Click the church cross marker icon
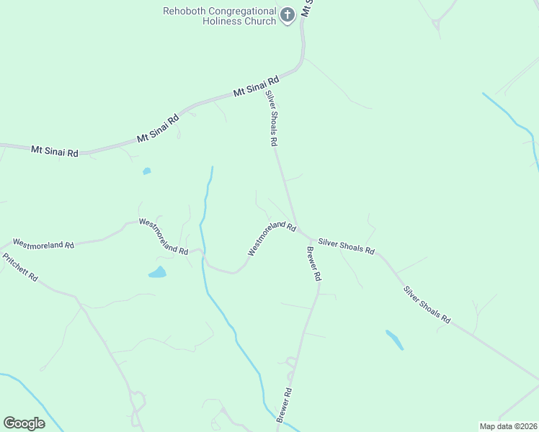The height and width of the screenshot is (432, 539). (287, 15)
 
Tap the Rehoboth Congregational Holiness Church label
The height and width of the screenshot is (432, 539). (220, 16)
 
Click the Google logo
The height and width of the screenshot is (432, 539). (24, 423)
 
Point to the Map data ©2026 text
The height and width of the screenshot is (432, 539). (507, 426)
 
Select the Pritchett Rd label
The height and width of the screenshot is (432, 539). (19, 267)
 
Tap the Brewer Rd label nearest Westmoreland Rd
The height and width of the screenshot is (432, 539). (314, 264)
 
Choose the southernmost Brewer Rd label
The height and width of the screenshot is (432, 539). (285, 405)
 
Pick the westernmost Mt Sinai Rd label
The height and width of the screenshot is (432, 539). (54, 151)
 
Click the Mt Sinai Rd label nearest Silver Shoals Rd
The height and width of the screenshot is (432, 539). (256, 87)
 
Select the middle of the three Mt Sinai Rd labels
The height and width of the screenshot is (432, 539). (158, 127)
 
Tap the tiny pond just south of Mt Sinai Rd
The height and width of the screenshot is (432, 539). (146, 171)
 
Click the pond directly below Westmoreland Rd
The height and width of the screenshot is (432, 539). (157, 272)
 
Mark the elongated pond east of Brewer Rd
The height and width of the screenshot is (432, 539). (394, 339)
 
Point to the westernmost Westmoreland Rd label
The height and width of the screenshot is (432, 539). (44, 245)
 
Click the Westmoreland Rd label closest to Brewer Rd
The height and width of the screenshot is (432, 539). (272, 238)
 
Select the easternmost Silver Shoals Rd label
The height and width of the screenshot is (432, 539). (427, 305)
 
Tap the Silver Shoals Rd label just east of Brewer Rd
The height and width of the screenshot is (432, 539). (346, 246)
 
